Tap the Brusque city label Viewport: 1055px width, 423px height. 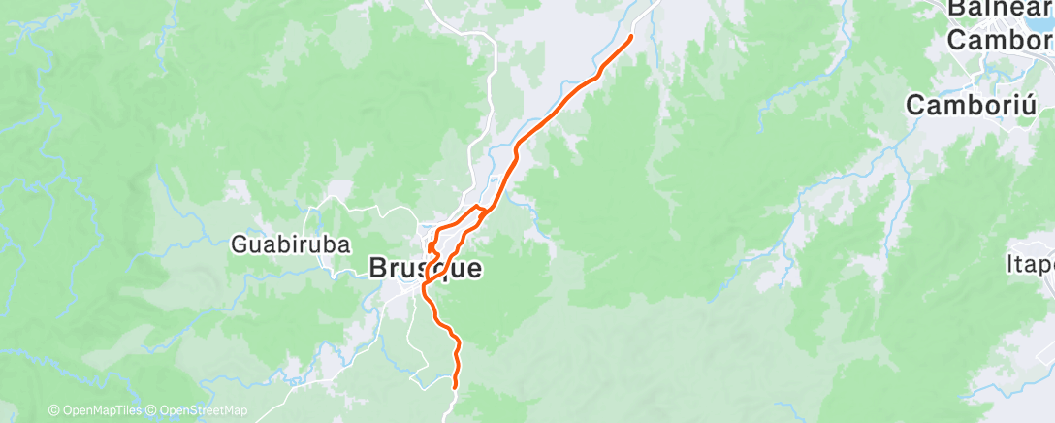426,269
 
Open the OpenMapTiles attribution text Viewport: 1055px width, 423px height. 100,410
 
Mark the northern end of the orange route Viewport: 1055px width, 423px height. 631,37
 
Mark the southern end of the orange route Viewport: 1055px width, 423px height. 456,386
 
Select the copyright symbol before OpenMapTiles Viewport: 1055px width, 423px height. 54,410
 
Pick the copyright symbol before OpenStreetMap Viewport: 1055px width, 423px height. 152,410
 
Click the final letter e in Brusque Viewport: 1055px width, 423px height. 472,269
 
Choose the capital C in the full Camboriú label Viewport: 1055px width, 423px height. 917,105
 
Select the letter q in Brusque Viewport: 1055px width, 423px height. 434,271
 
